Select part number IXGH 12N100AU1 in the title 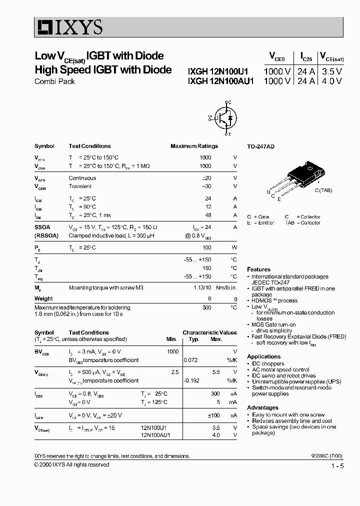pos(221,81)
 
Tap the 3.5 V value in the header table pos(331,71)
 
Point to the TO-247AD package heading pos(260,146)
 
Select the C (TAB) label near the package pos(323,190)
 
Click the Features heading pos(258,269)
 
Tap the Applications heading pos(263,356)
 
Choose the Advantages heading pos(262,407)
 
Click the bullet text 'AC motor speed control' pos(280,369)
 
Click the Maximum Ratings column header pos(194,146)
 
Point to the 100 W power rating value pos(206,247)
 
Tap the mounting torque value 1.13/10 pos(202,287)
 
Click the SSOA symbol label pos(42,227)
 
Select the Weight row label pos(43,298)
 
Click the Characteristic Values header pos(209,332)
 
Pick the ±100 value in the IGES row pos(213,415)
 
